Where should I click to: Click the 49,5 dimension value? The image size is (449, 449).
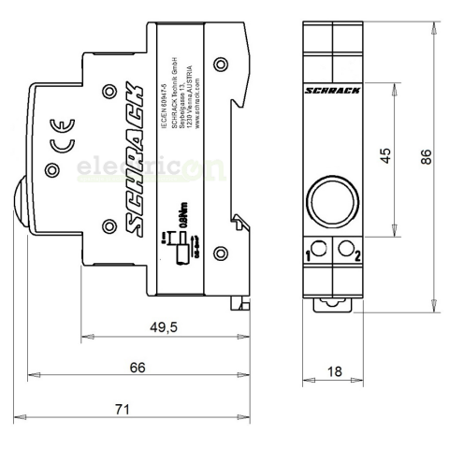pyautogui.click(x=164, y=326)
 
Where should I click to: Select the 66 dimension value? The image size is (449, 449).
pyautogui.click(x=137, y=368)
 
